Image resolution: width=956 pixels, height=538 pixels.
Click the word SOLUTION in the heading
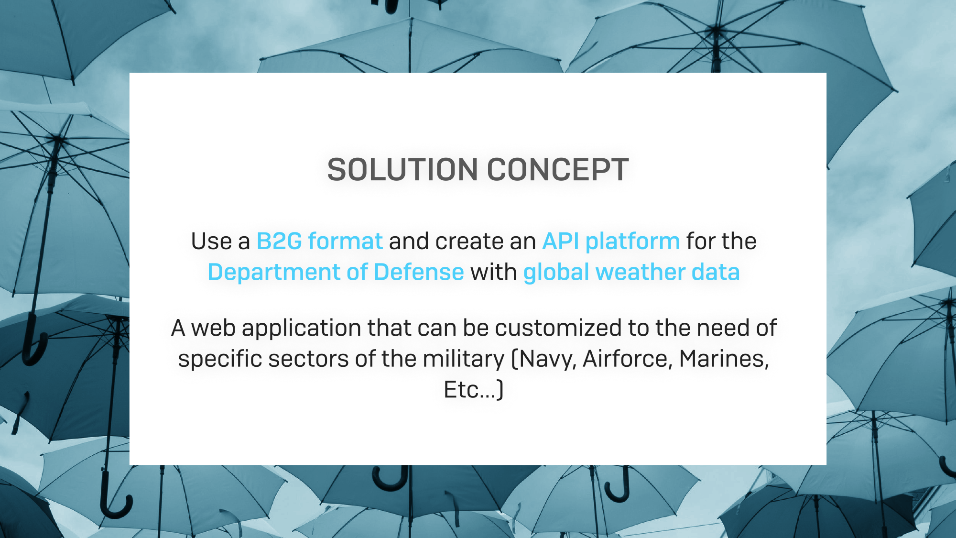[x=402, y=170]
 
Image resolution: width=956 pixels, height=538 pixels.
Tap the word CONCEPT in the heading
[x=558, y=170]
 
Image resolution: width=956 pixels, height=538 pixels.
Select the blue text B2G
[x=279, y=241]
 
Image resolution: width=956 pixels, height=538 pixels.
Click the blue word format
[x=346, y=241]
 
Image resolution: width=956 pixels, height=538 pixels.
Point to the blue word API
[x=561, y=241]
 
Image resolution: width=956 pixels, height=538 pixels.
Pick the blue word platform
[x=633, y=242]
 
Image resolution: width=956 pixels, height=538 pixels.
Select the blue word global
[x=556, y=273]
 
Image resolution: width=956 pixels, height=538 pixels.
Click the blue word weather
[x=641, y=272]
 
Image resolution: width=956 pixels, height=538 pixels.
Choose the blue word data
[x=716, y=272]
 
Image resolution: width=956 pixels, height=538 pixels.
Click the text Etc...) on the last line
[x=474, y=390]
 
